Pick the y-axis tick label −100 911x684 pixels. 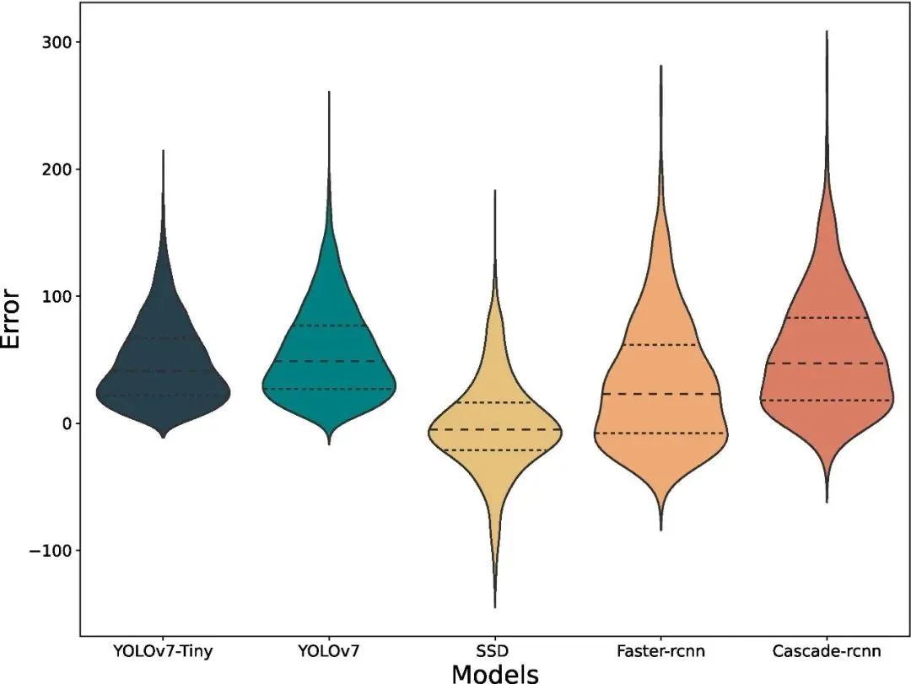[51, 550]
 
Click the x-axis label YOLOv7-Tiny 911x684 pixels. [163, 651]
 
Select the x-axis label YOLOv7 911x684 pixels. [328, 651]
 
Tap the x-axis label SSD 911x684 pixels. [494, 651]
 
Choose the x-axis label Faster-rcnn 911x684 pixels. [660, 651]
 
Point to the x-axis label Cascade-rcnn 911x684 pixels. [826, 651]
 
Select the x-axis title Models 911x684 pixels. [494, 673]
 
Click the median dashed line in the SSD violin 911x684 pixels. [494, 429]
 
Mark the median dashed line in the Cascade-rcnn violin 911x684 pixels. [826, 364]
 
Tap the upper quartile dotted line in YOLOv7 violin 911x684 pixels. [328, 326]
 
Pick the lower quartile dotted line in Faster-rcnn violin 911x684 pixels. [660, 433]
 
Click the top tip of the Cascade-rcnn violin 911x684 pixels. [827, 32]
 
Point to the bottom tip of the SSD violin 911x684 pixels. [494, 606]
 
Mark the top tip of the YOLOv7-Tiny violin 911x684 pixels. [163, 152]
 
